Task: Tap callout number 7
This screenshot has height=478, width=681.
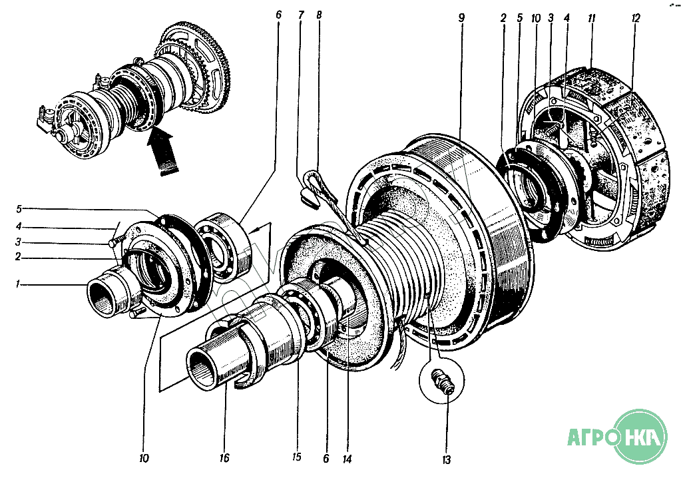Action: click(301, 15)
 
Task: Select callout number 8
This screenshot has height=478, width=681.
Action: click(319, 15)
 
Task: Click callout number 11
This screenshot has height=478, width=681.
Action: click(591, 18)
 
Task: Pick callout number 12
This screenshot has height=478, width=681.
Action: click(635, 18)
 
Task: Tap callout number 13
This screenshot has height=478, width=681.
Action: click(446, 459)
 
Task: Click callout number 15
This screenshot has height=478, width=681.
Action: click(296, 457)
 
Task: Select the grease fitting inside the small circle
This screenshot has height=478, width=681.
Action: click(442, 383)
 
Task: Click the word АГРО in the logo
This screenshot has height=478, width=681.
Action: click(588, 439)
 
